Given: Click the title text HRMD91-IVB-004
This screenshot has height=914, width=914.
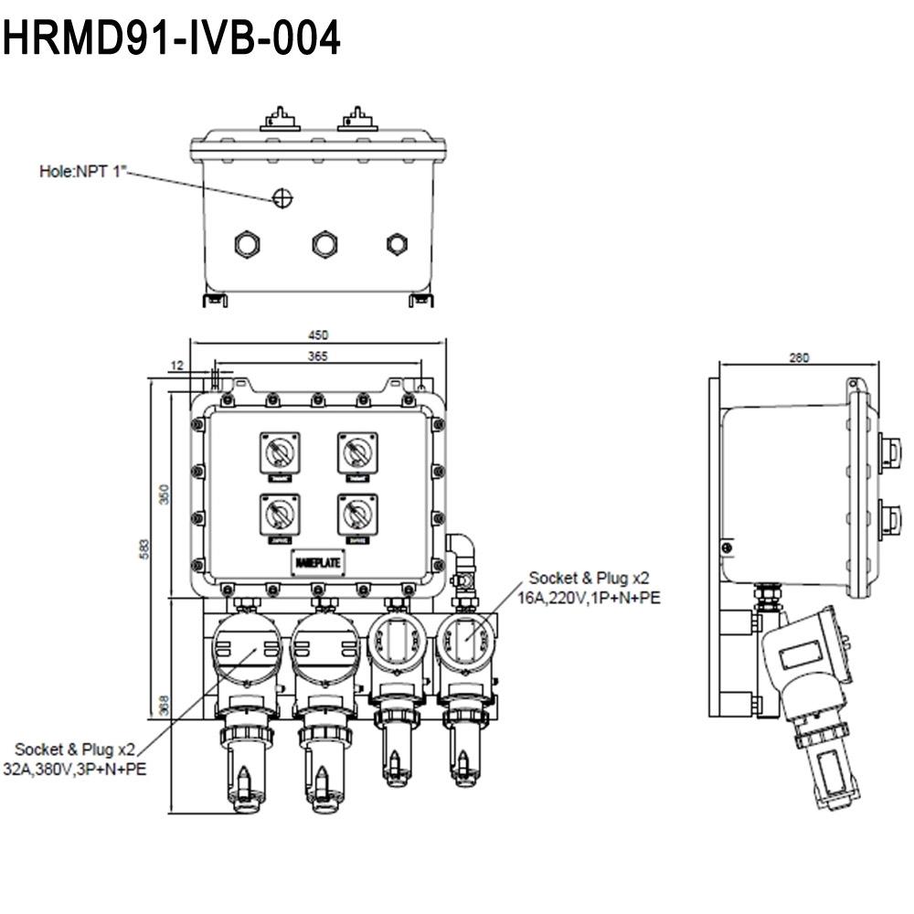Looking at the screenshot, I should pos(172,39).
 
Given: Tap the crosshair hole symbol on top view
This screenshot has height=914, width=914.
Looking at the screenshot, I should pos(283,197).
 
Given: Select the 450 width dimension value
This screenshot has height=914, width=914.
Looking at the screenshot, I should pos(318,335).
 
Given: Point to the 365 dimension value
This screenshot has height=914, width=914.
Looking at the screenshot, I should pos(318,356).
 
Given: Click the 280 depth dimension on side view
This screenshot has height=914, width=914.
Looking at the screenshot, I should pos(799,358).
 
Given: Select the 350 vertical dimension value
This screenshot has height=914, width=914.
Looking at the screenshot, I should pos(165,494).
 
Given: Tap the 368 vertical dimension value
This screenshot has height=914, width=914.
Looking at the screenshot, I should pos(165,705).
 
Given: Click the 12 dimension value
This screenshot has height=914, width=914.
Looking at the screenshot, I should pos(177,366).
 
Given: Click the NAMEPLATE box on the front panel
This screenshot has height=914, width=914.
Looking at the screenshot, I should pos(318,562).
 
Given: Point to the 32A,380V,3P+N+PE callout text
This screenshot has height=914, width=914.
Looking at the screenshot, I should pos(73,770).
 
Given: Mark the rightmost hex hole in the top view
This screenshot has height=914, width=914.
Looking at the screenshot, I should pos(396,244).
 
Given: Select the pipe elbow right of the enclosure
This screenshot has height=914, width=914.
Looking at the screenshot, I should pos(460,551).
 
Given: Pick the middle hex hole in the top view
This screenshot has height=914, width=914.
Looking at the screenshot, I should pos(324,244).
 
